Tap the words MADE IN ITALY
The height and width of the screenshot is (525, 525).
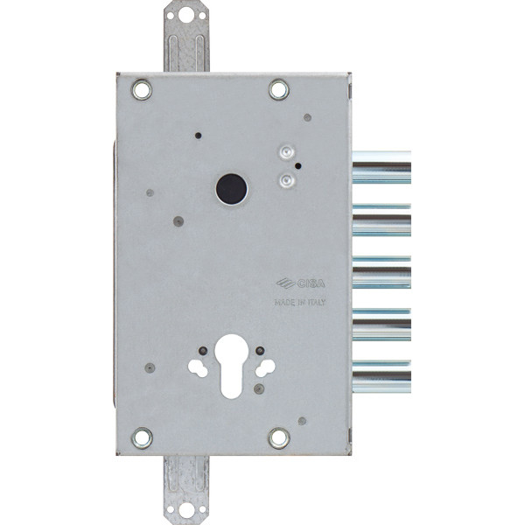click(x=299, y=303)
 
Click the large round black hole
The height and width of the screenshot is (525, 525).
click(x=231, y=189)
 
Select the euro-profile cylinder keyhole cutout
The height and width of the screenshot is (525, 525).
click(x=231, y=367)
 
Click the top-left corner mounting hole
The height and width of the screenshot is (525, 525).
click(x=142, y=90)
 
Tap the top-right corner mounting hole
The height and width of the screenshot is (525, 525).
click(x=279, y=89)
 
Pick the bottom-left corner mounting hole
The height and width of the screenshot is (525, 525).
click(x=142, y=438)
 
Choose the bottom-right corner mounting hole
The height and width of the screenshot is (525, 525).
click(x=279, y=438)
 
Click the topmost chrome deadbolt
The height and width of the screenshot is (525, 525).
click(x=382, y=167)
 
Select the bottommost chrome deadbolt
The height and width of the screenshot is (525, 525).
click(x=382, y=376)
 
